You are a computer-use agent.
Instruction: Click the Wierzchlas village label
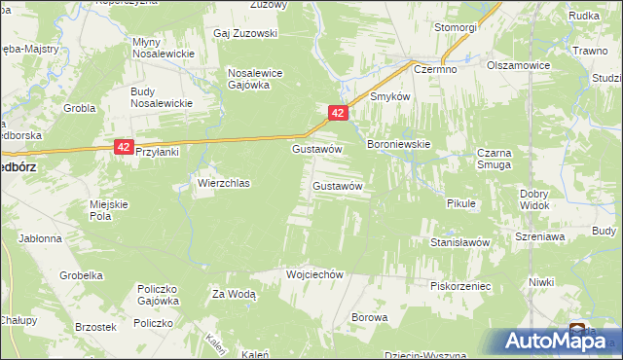point(225,183)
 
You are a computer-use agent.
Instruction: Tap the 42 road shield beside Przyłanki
point(123,147)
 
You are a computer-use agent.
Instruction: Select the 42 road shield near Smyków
point(337,114)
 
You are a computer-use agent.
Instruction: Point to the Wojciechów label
point(315,274)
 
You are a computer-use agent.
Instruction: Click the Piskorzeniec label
point(459,286)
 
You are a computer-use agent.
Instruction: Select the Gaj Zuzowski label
point(245,33)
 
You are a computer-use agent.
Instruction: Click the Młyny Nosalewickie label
point(162,49)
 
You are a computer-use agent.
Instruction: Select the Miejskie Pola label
point(109,210)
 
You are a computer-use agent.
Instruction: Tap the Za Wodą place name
point(234,293)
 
